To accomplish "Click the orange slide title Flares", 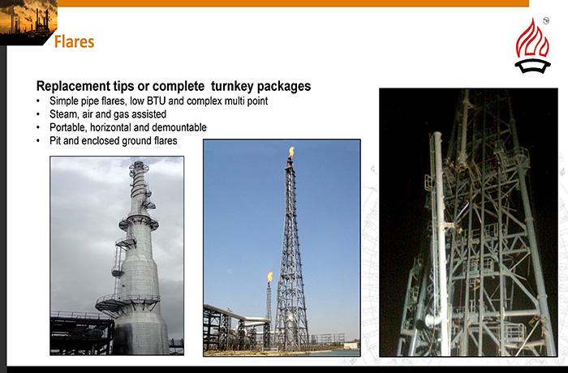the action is pyautogui.click(x=75, y=41).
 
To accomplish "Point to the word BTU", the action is pyautogui.click(x=156, y=101).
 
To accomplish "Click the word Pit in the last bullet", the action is pyautogui.click(x=55, y=140).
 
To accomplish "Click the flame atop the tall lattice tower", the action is pyautogui.click(x=291, y=152).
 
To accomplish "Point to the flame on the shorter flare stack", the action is pyautogui.click(x=270, y=277).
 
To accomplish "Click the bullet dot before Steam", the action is pyautogui.click(x=38, y=114).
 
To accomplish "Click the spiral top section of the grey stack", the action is pyautogui.click(x=140, y=180).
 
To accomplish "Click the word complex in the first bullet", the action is pyautogui.click(x=204, y=101).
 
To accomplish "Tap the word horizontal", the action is pyautogui.click(x=111, y=127).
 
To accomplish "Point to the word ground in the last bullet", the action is pyautogui.click(x=136, y=140).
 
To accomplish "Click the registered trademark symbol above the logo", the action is pyautogui.click(x=546, y=20).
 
